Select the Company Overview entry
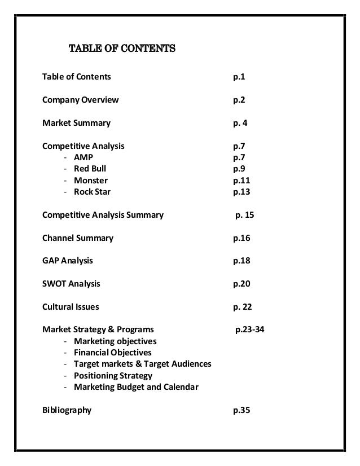pos(81,100)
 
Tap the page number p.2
pos(239,100)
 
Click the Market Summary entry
pos(77,123)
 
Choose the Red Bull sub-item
pos(90,169)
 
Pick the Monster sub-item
pos(90,181)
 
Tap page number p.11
pos(242,181)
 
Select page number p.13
pos(242,192)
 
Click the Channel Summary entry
pos(78,238)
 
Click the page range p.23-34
pos(249,330)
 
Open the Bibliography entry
pos(67,410)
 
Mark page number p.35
pos(242,410)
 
